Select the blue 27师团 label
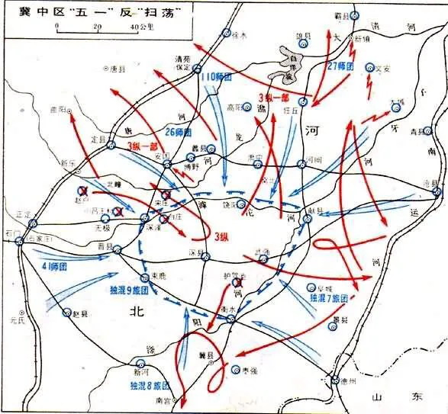(x=339, y=66)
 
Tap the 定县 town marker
(x=108, y=140)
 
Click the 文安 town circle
(x=370, y=67)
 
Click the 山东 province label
(x=396, y=396)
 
